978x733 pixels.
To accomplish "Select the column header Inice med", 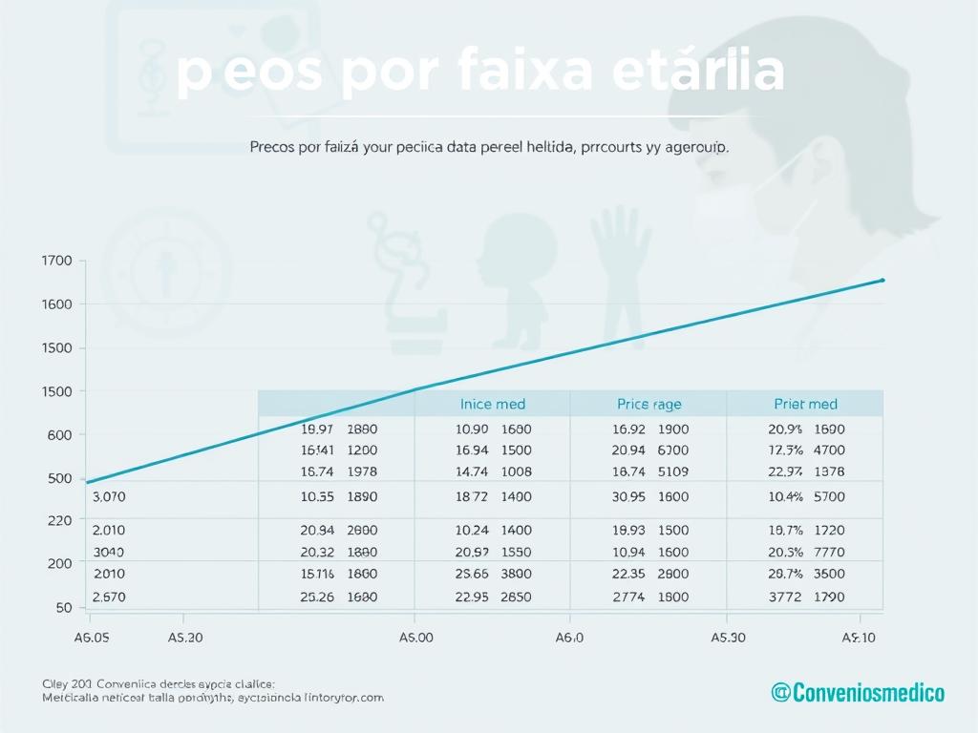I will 493,404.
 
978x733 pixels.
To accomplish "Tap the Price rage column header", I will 649,404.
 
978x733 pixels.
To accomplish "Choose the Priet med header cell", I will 805,404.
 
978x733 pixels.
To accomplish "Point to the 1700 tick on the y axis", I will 57,261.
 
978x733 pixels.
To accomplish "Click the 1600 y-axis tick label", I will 57,304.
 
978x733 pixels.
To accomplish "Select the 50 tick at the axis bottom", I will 63,607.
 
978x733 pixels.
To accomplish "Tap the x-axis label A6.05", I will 93,639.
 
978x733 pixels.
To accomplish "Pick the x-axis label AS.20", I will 184,639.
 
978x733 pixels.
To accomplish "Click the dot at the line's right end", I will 882,280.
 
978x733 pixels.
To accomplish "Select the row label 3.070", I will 109,496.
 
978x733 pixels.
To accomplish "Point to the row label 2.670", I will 109,597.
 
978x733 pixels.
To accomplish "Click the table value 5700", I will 828,496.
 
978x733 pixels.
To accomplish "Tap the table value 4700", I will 828,450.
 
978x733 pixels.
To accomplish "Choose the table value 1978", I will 362,471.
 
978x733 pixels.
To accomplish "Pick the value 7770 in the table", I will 828,552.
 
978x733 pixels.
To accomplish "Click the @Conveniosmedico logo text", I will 858,692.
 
